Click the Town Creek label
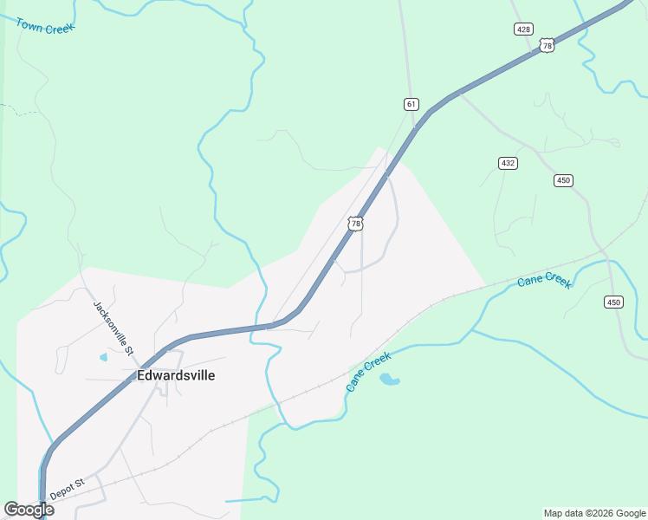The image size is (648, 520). click(x=45, y=25)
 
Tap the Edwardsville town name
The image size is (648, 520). click(x=176, y=375)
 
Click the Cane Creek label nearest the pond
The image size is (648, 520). click(x=369, y=372)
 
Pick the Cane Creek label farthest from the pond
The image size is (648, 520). click(x=544, y=282)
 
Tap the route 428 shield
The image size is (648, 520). click(x=523, y=29)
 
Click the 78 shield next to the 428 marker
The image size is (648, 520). click(x=546, y=45)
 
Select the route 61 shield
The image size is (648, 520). click(x=411, y=104)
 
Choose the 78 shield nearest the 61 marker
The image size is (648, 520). click(x=355, y=224)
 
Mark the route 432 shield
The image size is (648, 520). click(x=508, y=163)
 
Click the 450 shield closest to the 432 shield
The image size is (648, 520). click(x=563, y=180)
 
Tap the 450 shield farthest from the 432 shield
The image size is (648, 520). click(x=613, y=302)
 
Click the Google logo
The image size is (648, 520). click(x=29, y=510)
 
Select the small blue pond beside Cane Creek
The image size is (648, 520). click(x=390, y=380)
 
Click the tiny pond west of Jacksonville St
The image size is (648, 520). click(x=104, y=356)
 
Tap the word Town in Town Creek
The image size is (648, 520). click(x=29, y=23)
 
